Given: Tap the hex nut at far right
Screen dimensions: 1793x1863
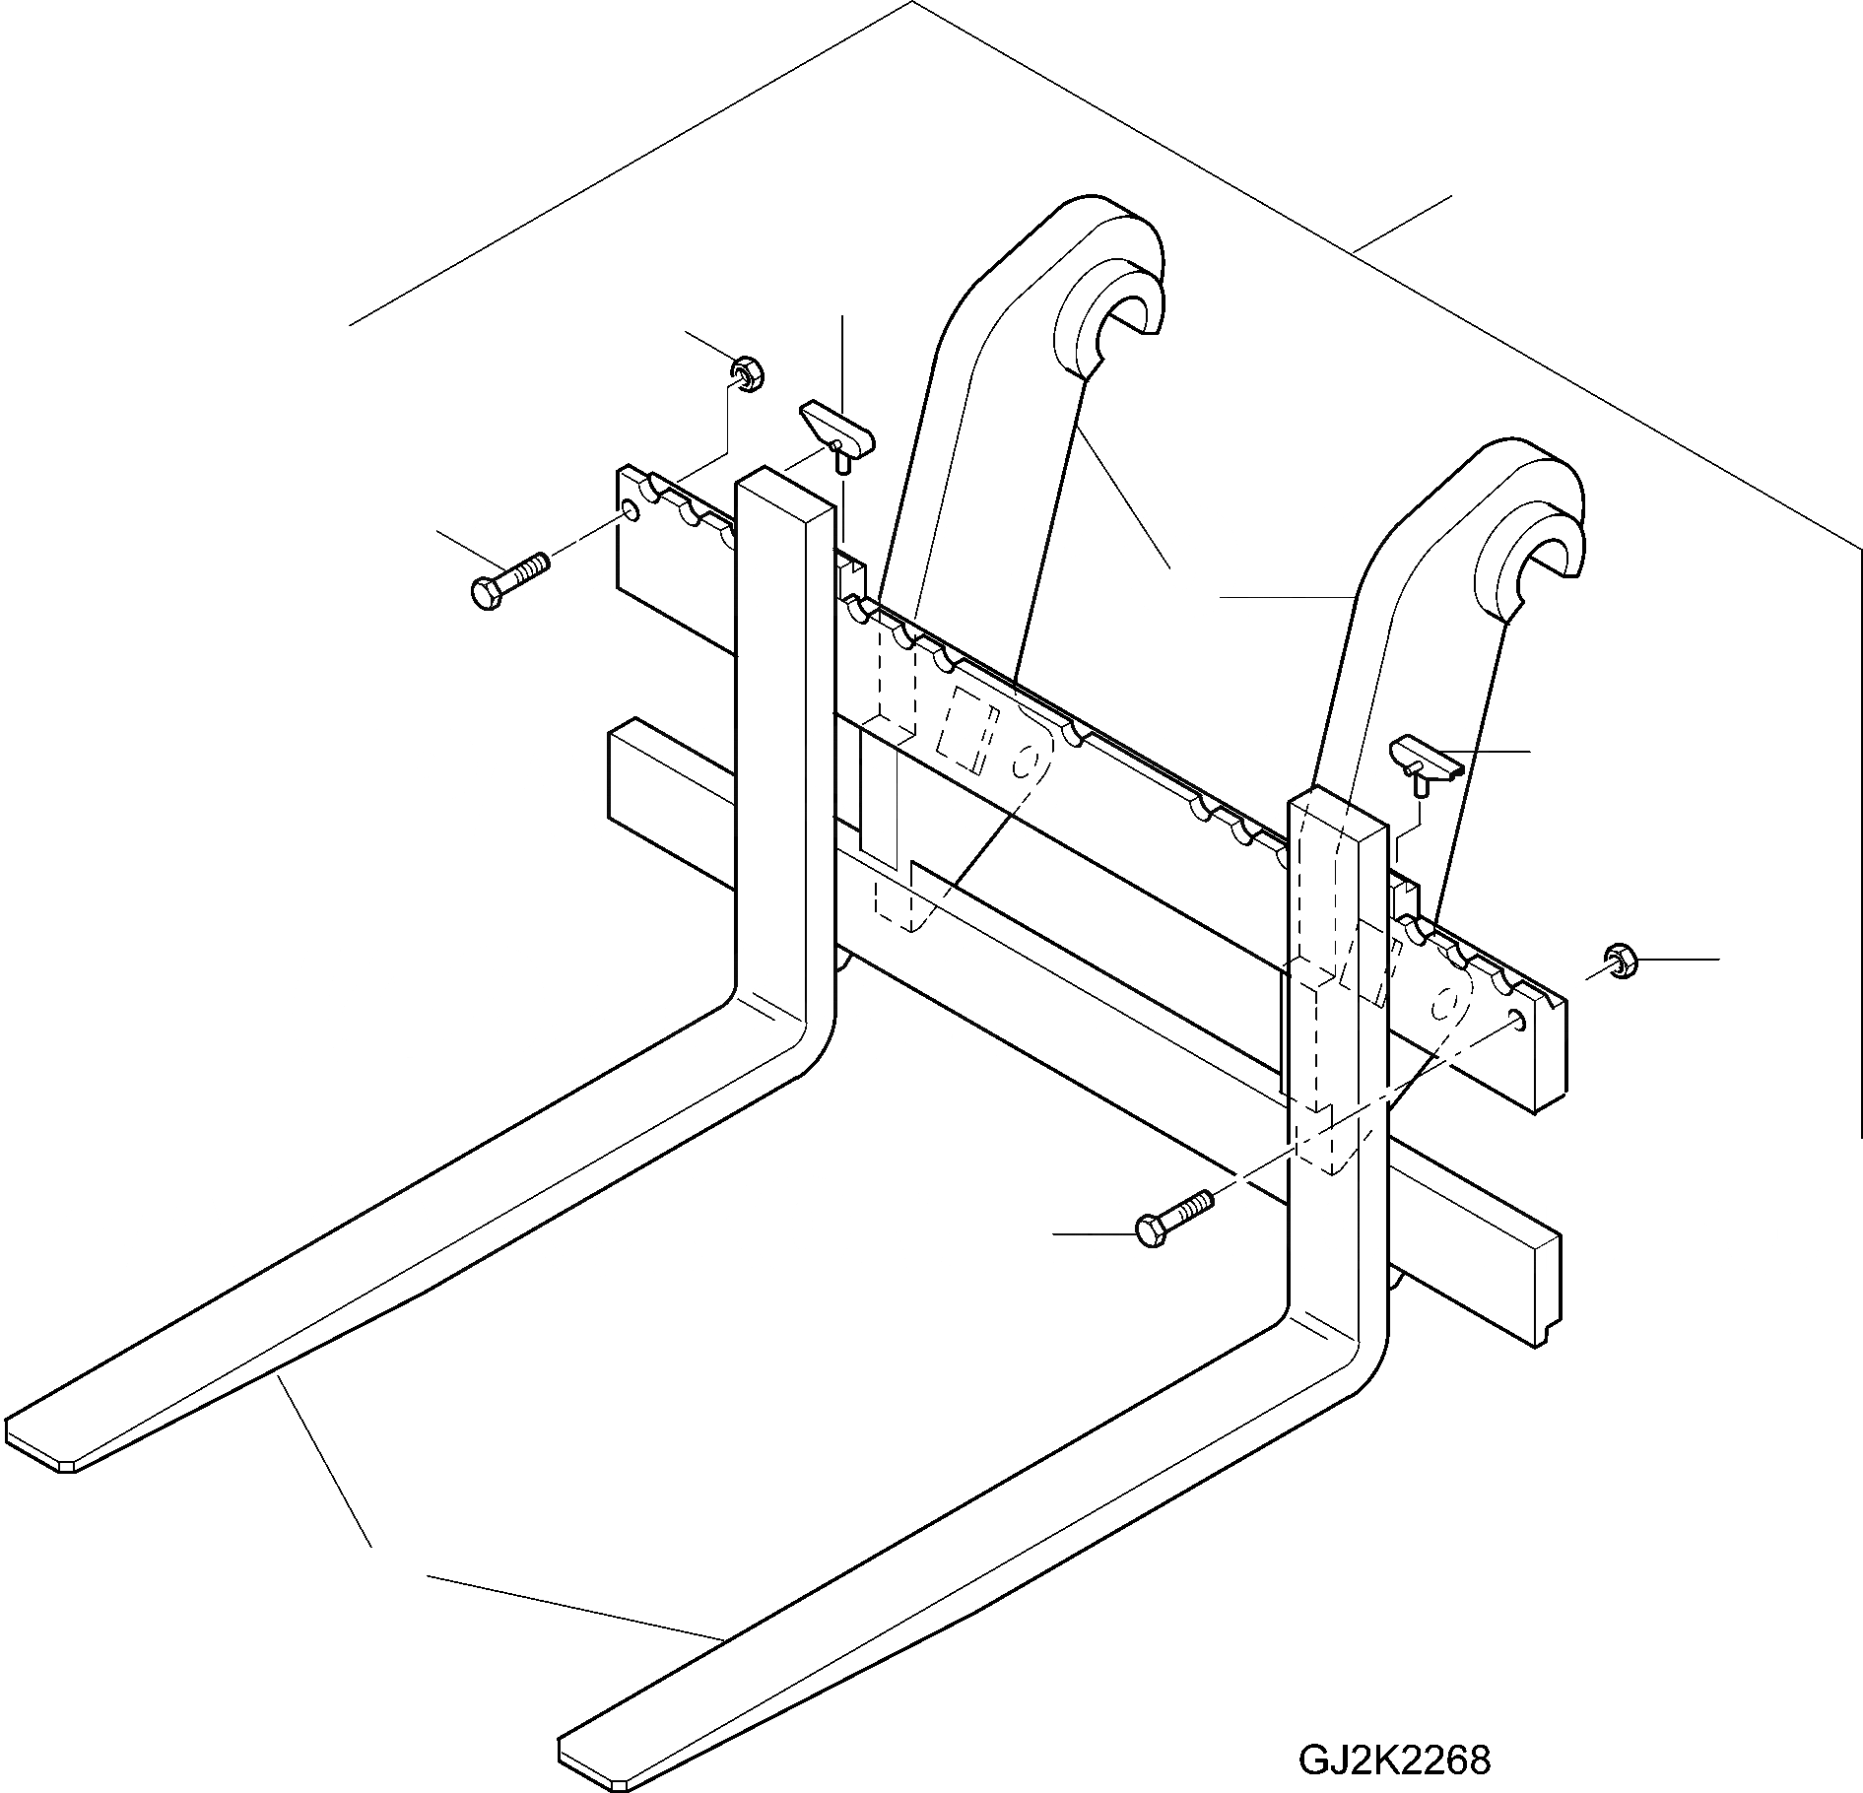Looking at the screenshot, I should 1620,962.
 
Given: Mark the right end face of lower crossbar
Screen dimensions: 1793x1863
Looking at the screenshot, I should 1547,1286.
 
